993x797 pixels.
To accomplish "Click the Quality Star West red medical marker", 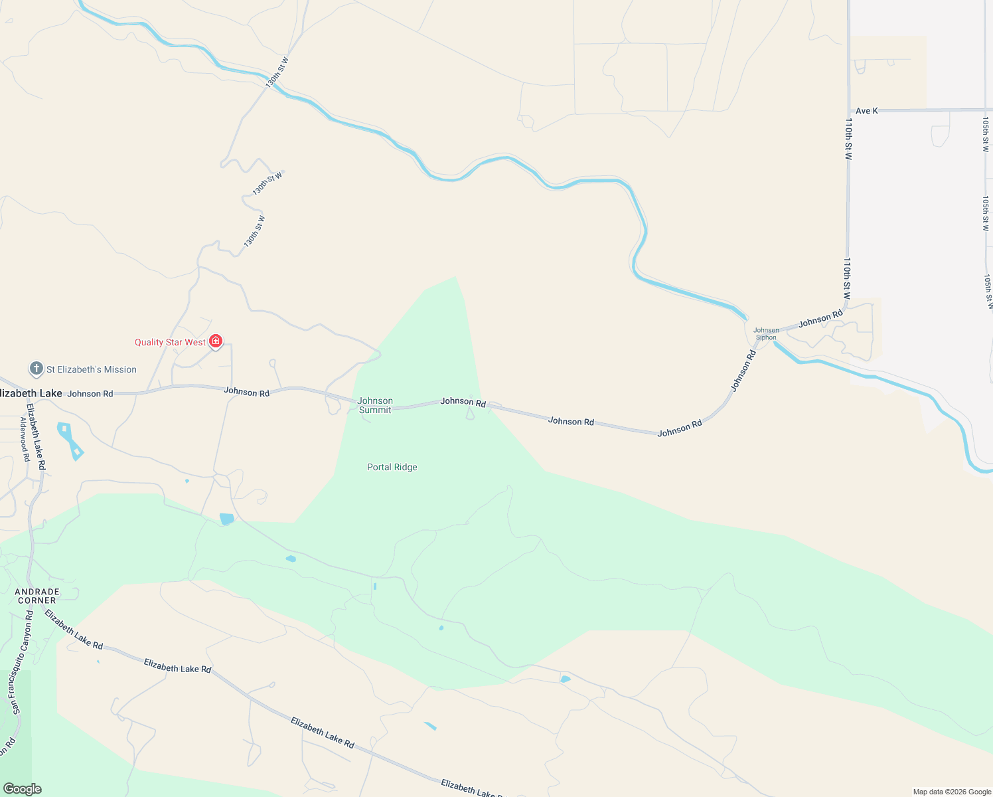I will click(x=216, y=341).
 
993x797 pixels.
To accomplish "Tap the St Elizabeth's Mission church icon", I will click(x=37, y=369).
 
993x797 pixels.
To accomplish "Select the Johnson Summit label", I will click(x=375, y=405).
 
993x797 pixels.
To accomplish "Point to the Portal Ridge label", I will click(x=392, y=467).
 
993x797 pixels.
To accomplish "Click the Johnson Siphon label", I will click(x=766, y=333).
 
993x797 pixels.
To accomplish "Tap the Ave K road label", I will click(x=866, y=111).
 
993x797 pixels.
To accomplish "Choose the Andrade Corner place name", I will click(x=37, y=596).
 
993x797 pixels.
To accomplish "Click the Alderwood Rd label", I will click(x=25, y=439).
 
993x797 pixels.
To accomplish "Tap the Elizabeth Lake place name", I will click(x=31, y=393).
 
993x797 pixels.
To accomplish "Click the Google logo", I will click(x=22, y=789).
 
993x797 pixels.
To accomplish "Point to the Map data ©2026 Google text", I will click(x=952, y=792).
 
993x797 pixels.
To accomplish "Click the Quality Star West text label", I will click(x=170, y=342).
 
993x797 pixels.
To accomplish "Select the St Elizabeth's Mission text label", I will click(x=92, y=369).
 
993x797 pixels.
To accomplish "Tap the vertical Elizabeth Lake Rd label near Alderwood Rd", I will click(x=37, y=436).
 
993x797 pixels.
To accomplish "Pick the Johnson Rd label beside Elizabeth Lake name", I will click(x=90, y=394).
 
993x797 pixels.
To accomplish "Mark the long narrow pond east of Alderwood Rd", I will click(x=70, y=440).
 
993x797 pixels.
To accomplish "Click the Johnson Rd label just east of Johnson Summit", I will click(x=463, y=401).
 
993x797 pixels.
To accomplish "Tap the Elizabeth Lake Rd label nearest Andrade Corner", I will click(x=74, y=629).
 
